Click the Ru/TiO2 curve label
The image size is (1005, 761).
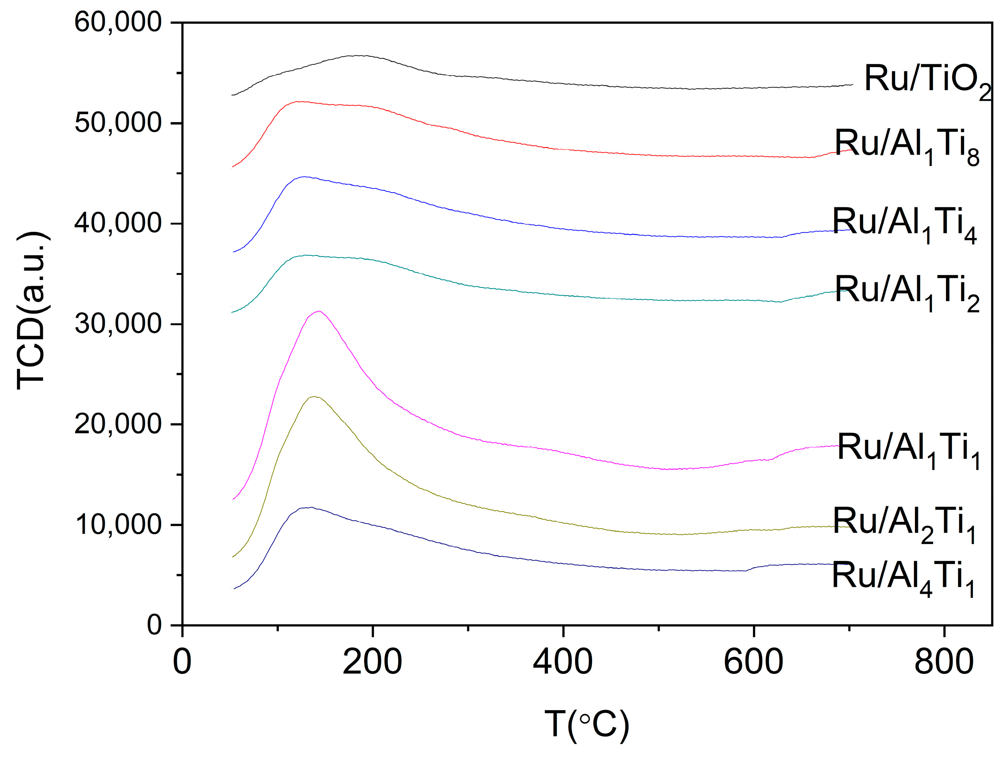pyautogui.click(x=927, y=81)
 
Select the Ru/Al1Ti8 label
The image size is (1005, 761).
pyautogui.click(x=907, y=145)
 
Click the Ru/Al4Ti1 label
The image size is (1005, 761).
pyautogui.click(x=903, y=577)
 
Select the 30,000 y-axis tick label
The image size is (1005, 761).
pyautogui.click(x=118, y=324)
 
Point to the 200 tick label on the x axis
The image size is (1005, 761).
pyautogui.click(x=372, y=663)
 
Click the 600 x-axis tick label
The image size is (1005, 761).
pyautogui.click(x=753, y=663)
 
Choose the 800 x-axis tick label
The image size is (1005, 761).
pyautogui.click(x=944, y=663)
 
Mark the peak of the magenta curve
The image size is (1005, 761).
pyautogui.click(x=320, y=311)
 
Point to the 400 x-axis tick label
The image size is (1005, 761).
pyautogui.click(x=563, y=663)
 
